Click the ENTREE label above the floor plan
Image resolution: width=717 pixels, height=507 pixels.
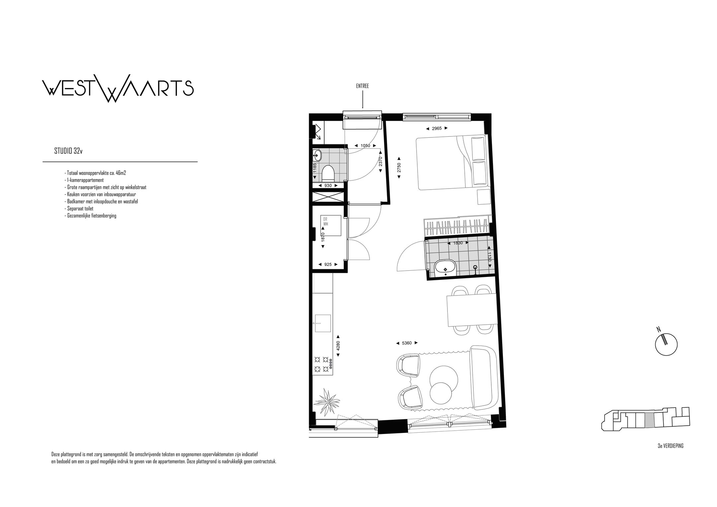click(362, 86)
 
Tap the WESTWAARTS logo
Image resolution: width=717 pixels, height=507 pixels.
click(118, 88)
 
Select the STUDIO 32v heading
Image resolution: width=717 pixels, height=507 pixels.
click(68, 151)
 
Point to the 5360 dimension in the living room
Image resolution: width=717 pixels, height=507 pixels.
click(407, 343)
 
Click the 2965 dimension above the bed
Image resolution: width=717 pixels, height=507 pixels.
click(437, 128)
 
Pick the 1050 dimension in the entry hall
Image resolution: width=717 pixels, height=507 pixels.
click(365, 146)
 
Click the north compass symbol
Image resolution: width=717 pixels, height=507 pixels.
click(666, 344)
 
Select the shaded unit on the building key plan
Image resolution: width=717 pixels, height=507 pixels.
click(649, 420)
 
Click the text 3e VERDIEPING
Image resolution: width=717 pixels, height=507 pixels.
click(671, 446)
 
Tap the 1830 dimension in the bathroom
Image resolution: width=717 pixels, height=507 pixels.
click(458, 243)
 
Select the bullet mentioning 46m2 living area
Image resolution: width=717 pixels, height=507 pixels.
click(95, 173)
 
